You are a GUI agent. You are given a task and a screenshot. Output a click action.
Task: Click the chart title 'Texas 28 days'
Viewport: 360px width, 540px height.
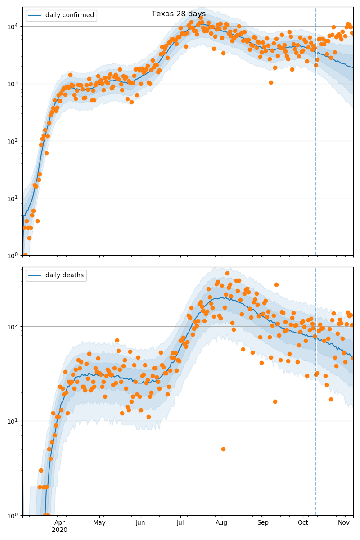(x=179, y=14)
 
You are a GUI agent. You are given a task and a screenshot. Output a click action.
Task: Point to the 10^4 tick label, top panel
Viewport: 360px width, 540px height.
(x=13, y=26)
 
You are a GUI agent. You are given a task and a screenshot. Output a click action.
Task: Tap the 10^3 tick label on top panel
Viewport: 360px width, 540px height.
(x=13, y=84)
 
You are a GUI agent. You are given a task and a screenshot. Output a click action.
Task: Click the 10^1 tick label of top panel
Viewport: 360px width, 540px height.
(x=13, y=198)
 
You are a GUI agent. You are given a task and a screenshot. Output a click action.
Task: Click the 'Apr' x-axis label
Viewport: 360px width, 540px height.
(x=60, y=523)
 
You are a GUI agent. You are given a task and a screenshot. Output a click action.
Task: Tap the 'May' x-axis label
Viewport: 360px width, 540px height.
(x=99, y=523)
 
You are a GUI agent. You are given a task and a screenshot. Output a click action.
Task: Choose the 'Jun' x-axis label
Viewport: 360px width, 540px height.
(x=140, y=523)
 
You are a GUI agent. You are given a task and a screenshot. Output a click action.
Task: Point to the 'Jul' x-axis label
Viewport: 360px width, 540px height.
(x=180, y=523)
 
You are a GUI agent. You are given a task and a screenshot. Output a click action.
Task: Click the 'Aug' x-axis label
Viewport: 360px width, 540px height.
(x=221, y=523)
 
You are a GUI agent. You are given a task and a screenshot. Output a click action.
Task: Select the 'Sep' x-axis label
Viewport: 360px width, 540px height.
(x=263, y=523)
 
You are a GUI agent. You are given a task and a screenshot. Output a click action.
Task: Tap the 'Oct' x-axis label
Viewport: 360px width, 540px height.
(x=303, y=523)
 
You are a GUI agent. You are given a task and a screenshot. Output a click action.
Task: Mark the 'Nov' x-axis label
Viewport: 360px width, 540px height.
(x=344, y=523)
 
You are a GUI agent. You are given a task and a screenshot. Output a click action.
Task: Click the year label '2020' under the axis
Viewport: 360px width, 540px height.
(x=60, y=530)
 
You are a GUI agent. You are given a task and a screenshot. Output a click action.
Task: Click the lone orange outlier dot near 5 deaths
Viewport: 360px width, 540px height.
(x=223, y=449)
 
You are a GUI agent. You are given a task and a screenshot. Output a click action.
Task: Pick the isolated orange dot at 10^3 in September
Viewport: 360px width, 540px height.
(x=271, y=82)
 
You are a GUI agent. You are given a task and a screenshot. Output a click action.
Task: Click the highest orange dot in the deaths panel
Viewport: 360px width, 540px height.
(x=227, y=273)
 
